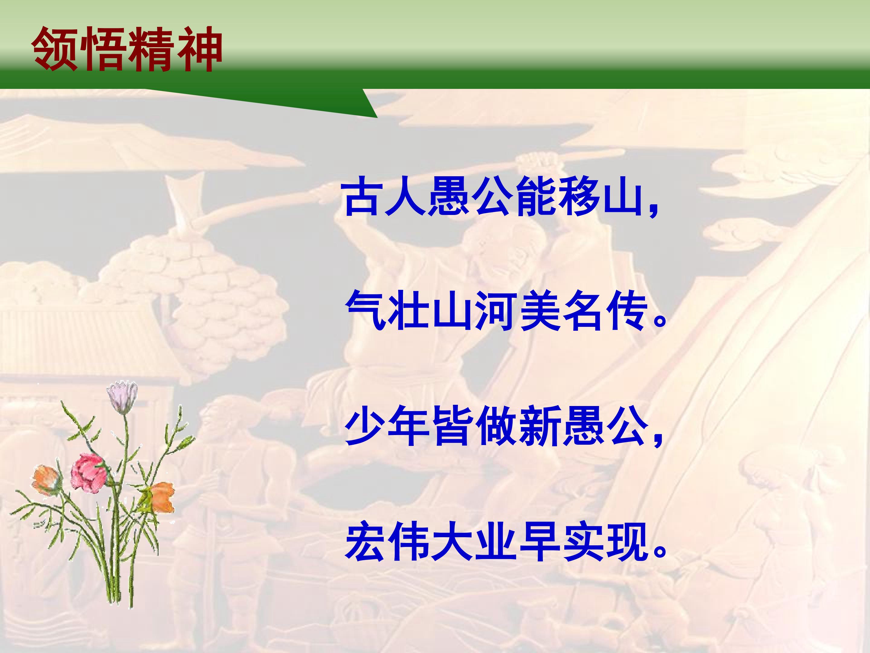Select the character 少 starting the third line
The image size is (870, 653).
364,428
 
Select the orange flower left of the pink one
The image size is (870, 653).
47,481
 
